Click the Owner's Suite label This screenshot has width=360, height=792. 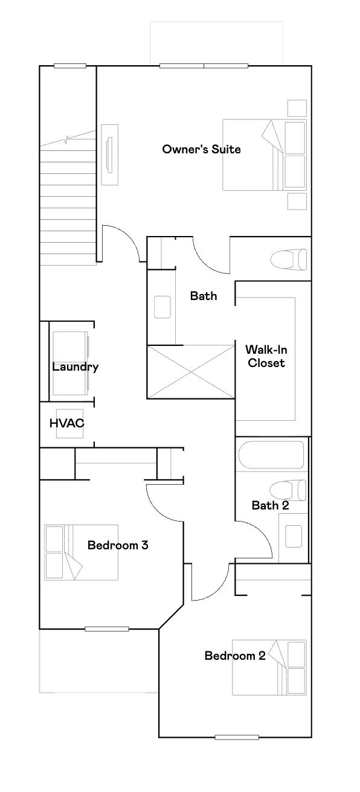tap(201, 149)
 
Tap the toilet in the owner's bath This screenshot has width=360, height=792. tap(288, 260)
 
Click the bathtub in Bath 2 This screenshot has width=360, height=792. tap(271, 455)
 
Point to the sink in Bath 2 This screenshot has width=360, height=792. tap(294, 536)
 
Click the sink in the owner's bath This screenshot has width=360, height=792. tap(162, 307)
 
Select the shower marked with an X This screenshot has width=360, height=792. tap(191, 372)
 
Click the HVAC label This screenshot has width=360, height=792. tap(66, 423)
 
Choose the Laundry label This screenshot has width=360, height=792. tap(75, 366)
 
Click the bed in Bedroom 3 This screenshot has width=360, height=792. tap(81, 552)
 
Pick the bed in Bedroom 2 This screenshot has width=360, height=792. tap(269, 668)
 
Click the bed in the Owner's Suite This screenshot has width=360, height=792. tap(265, 155)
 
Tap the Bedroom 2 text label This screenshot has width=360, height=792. tap(234, 656)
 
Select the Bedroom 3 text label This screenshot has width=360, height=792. tap(118, 545)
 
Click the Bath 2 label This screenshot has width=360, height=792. tap(270, 505)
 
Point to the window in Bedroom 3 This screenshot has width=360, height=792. tap(106, 629)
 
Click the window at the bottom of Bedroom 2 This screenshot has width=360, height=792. tap(237, 737)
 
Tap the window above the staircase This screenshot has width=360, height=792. tap(69, 66)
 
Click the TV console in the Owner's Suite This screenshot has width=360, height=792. tap(109, 155)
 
